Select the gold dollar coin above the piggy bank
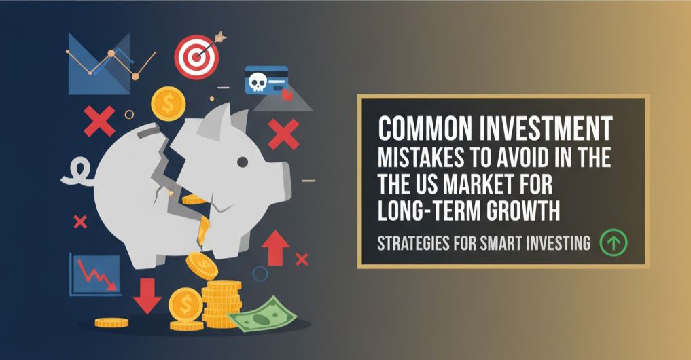(169, 104)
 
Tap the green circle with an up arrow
(614, 242)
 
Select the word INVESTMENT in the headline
(550, 129)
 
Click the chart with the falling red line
(94, 274)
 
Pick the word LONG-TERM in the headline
(427, 212)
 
